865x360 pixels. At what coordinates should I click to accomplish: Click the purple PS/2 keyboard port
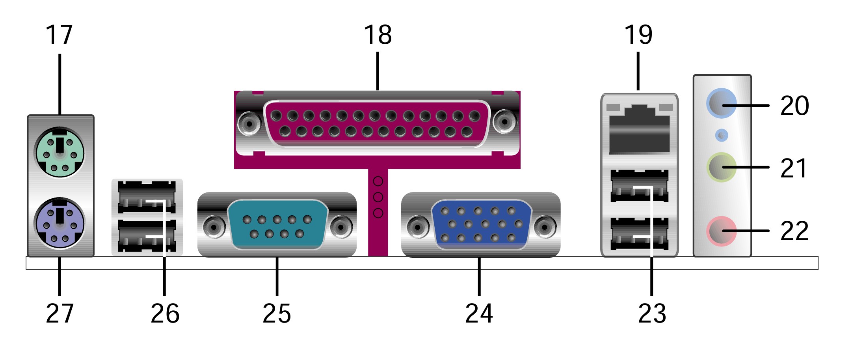click(x=60, y=223)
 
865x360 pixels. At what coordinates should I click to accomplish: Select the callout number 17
click(x=59, y=35)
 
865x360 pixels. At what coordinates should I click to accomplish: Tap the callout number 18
click(x=378, y=35)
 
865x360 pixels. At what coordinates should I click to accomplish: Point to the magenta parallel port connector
click(x=378, y=124)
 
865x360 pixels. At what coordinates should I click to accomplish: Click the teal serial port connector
click(x=277, y=225)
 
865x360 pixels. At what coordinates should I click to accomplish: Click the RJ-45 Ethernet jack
click(x=639, y=129)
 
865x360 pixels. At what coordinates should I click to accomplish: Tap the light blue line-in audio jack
click(x=722, y=104)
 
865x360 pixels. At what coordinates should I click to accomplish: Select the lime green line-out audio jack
click(x=722, y=167)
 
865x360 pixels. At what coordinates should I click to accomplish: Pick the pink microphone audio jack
click(x=722, y=231)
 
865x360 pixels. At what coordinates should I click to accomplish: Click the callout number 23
click(x=652, y=313)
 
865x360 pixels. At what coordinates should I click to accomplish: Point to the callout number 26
click(x=165, y=313)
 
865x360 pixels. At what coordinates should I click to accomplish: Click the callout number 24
click(x=479, y=313)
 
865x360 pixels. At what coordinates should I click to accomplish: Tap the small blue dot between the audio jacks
click(x=722, y=136)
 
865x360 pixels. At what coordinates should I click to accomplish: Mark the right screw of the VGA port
click(x=545, y=227)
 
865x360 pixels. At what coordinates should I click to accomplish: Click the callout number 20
click(x=794, y=106)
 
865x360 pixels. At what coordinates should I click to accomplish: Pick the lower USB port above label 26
click(x=147, y=235)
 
